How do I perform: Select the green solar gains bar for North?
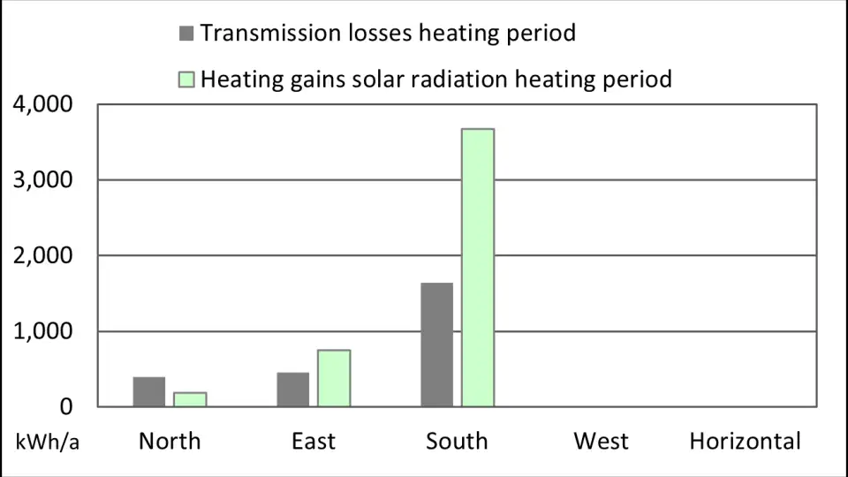[x=190, y=399]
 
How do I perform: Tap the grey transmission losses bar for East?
[x=293, y=390]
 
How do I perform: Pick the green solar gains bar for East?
[x=334, y=378]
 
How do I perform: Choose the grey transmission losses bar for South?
[x=437, y=344]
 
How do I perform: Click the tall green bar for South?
[x=478, y=268]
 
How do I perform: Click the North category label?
[x=170, y=441]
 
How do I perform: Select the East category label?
[x=314, y=441]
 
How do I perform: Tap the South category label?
[x=457, y=441]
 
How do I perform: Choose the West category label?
[x=602, y=441]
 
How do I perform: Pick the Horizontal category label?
[x=745, y=441]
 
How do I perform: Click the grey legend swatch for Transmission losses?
[x=186, y=34]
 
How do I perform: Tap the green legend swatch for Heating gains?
[x=186, y=79]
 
